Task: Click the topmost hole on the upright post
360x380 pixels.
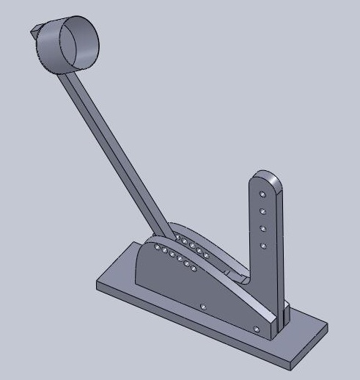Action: coord(262,194)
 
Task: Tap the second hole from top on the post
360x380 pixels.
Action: coord(262,211)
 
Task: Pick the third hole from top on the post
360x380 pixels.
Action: coord(262,228)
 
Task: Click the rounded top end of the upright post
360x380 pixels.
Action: coord(265,178)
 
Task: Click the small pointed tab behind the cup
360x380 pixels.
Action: coord(34,31)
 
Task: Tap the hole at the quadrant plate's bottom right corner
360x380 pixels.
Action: coord(255,328)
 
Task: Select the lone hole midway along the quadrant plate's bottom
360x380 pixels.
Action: coord(203,305)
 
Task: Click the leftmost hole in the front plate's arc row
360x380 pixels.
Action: coord(155,247)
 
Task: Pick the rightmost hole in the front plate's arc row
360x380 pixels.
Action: coord(194,269)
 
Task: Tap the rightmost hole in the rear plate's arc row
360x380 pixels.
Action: coord(209,257)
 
